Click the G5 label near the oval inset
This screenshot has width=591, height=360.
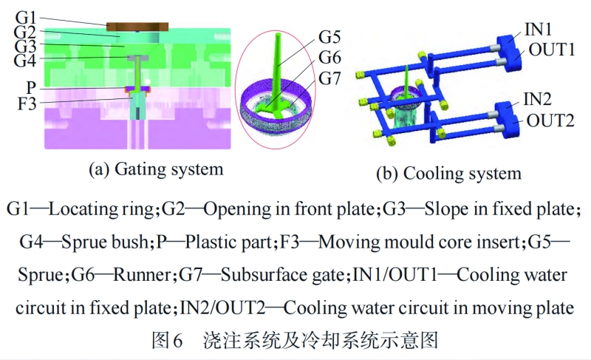tap(330, 35)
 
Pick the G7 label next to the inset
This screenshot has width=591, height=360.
tap(330, 76)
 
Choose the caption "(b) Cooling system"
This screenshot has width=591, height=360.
tap(448, 174)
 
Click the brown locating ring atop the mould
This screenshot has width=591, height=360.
tap(138, 27)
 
